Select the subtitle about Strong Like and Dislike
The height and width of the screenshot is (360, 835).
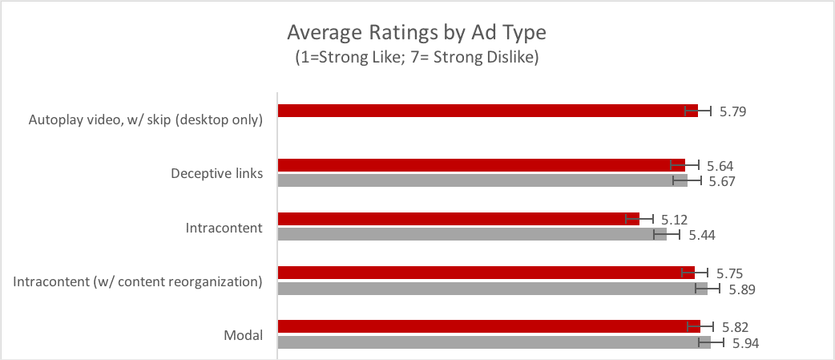click(x=417, y=58)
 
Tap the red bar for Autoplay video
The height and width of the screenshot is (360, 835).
click(x=481, y=111)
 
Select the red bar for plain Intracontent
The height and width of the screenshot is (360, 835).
click(x=457, y=219)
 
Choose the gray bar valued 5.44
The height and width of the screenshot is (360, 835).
click(x=469, y=234)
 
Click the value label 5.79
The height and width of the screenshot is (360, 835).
click(x=732, y=111)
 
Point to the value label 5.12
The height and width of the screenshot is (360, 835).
click(x=674, y=220)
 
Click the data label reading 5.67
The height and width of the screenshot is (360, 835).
click(x=721, y=181)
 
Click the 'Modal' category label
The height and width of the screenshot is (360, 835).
click(x=244, y=335)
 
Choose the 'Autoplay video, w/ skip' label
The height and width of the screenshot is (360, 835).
click(x=145, y=120)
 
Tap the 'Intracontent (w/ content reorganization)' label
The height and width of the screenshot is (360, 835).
click(x=139, y=281)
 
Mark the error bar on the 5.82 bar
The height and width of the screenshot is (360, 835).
click(x=700, y=326)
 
